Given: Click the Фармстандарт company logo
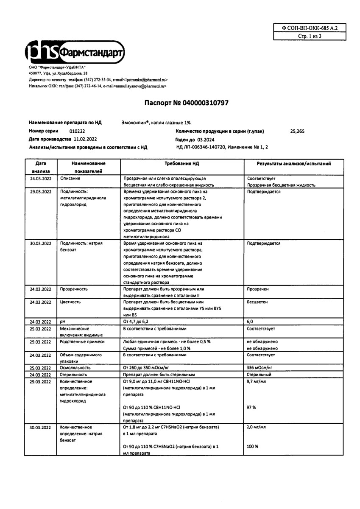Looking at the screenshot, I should point(75,53).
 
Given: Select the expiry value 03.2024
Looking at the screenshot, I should point(206,139).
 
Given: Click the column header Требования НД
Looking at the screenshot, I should point(182,163).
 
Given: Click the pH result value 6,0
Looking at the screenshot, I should point(250,322).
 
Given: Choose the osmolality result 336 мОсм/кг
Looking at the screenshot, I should point(259,367).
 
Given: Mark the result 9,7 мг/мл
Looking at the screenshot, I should point(256,382).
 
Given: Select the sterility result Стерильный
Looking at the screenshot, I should point(259,375).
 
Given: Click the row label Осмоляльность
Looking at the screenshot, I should point(75,367).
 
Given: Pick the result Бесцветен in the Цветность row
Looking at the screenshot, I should point(257,302).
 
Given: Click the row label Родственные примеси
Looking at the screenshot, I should point(82,341).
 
